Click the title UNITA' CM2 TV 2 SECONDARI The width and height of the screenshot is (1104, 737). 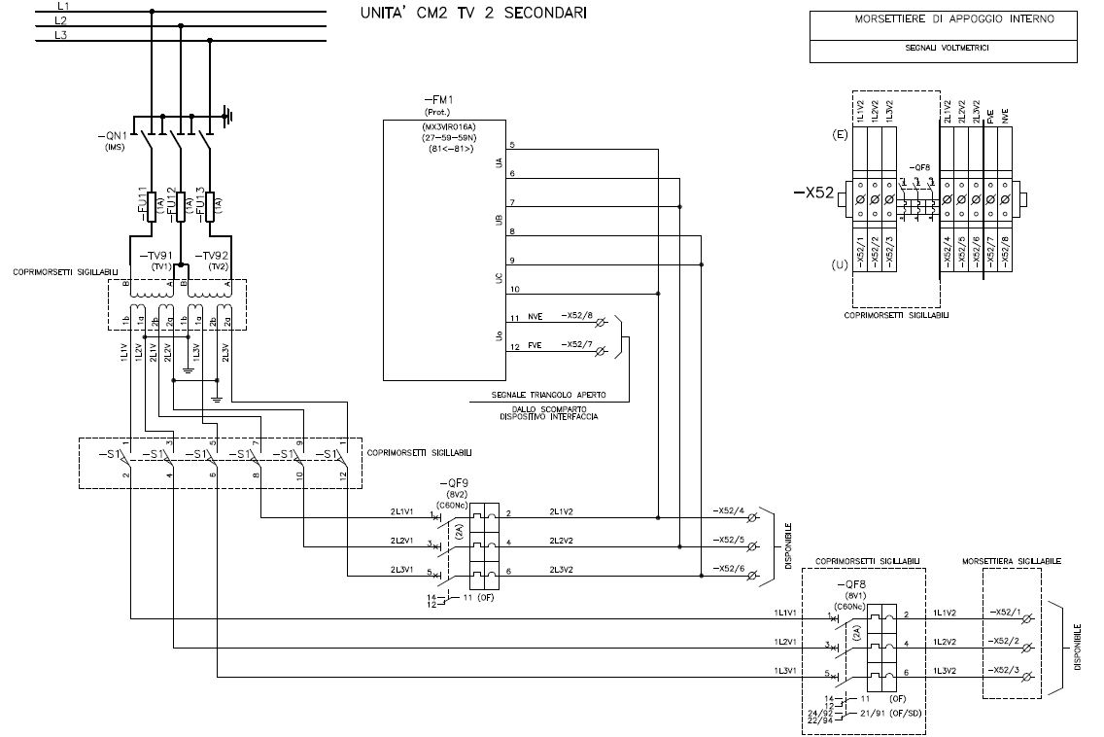click(472, 14)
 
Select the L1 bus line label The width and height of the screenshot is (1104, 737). click(62, 6)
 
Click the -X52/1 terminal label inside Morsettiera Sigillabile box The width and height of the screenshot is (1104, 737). click(1005, 612)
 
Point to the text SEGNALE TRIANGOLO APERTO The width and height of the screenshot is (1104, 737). click(549, 397)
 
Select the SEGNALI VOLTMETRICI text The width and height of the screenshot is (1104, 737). click(943, 47)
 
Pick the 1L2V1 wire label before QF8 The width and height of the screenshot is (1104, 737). click(786, 642)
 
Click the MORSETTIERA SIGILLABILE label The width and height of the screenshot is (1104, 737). click(1011, 561)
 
